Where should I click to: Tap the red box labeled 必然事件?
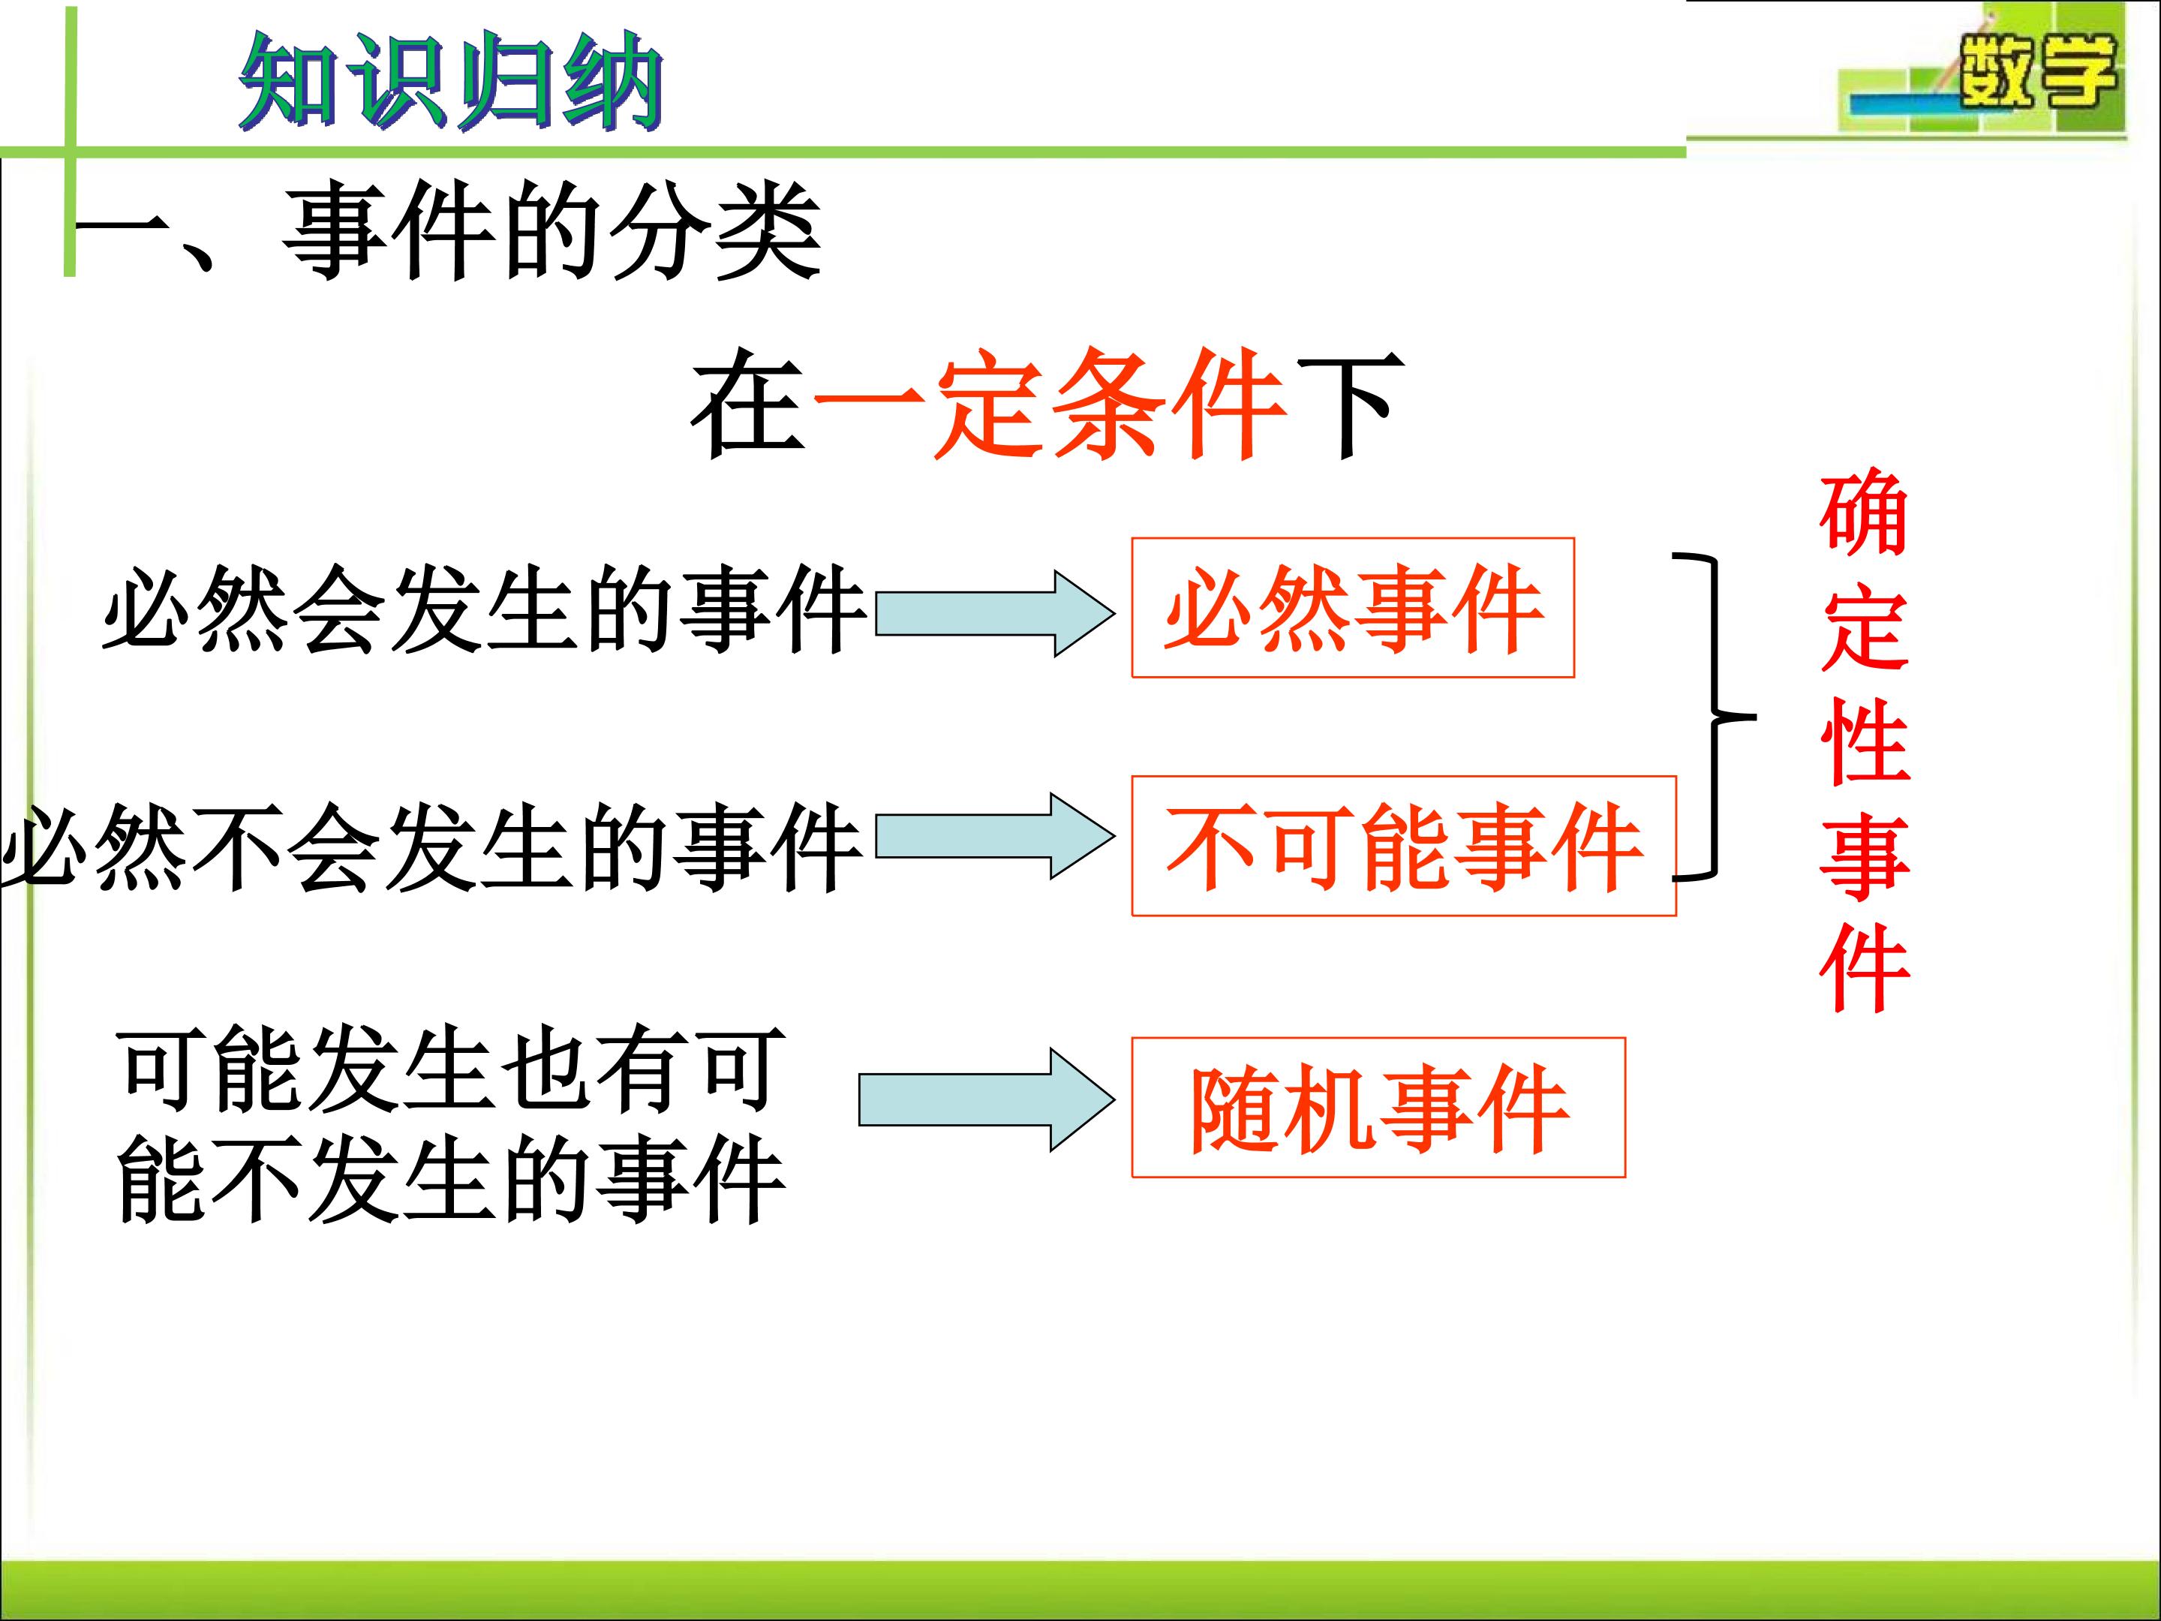click(x=1353, y=607)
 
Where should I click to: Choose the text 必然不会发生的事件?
click(x=431, y=847)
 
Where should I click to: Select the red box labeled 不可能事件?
click(x=1404, y=845)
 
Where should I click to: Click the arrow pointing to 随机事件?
click(x=987, y=1099)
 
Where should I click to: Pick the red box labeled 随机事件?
click(x=1378, y=1107)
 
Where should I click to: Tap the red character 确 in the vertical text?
click(x=1864, y=515)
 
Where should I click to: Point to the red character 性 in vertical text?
click(x=1864, y=741)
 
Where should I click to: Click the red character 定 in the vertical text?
click(x=1864, y=628)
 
